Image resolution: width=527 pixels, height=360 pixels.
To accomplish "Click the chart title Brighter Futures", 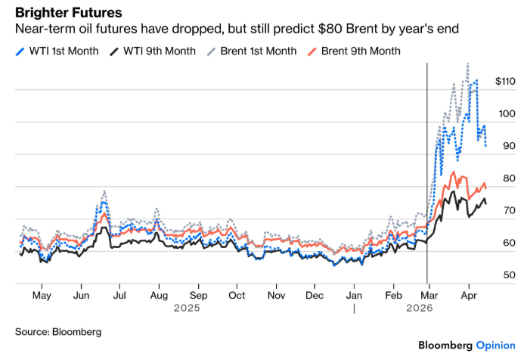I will tap(69, 14).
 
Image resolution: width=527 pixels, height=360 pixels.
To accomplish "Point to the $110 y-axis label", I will tap(504, 81).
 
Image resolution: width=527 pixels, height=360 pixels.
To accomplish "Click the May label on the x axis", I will tap(42, 296).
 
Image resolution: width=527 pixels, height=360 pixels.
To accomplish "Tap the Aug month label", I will tap(159, 296).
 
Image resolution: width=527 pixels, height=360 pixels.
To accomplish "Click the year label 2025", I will tap(188, 309).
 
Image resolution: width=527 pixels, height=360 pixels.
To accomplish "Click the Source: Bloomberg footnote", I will tap(58, 331).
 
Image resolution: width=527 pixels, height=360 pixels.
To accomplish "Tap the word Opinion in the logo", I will tap(495, 345).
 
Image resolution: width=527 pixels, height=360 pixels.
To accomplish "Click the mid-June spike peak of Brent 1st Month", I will tap(104, 191).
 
